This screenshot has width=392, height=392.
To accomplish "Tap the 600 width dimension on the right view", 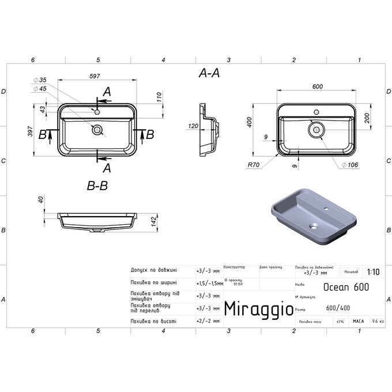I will pos(316,86).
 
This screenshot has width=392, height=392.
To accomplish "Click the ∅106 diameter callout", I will pos(351,165).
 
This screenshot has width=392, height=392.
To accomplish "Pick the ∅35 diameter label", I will pos(40,80).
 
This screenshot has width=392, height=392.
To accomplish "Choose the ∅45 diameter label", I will pos(40,89).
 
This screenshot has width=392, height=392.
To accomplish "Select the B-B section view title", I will pos(97,186).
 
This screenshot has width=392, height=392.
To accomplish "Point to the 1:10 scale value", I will pos(372,272).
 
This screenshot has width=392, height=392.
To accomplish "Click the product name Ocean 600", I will pos(346,287).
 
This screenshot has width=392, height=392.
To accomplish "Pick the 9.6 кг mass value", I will pos(378,321).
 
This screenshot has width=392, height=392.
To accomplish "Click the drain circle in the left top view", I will pos(97,130).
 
